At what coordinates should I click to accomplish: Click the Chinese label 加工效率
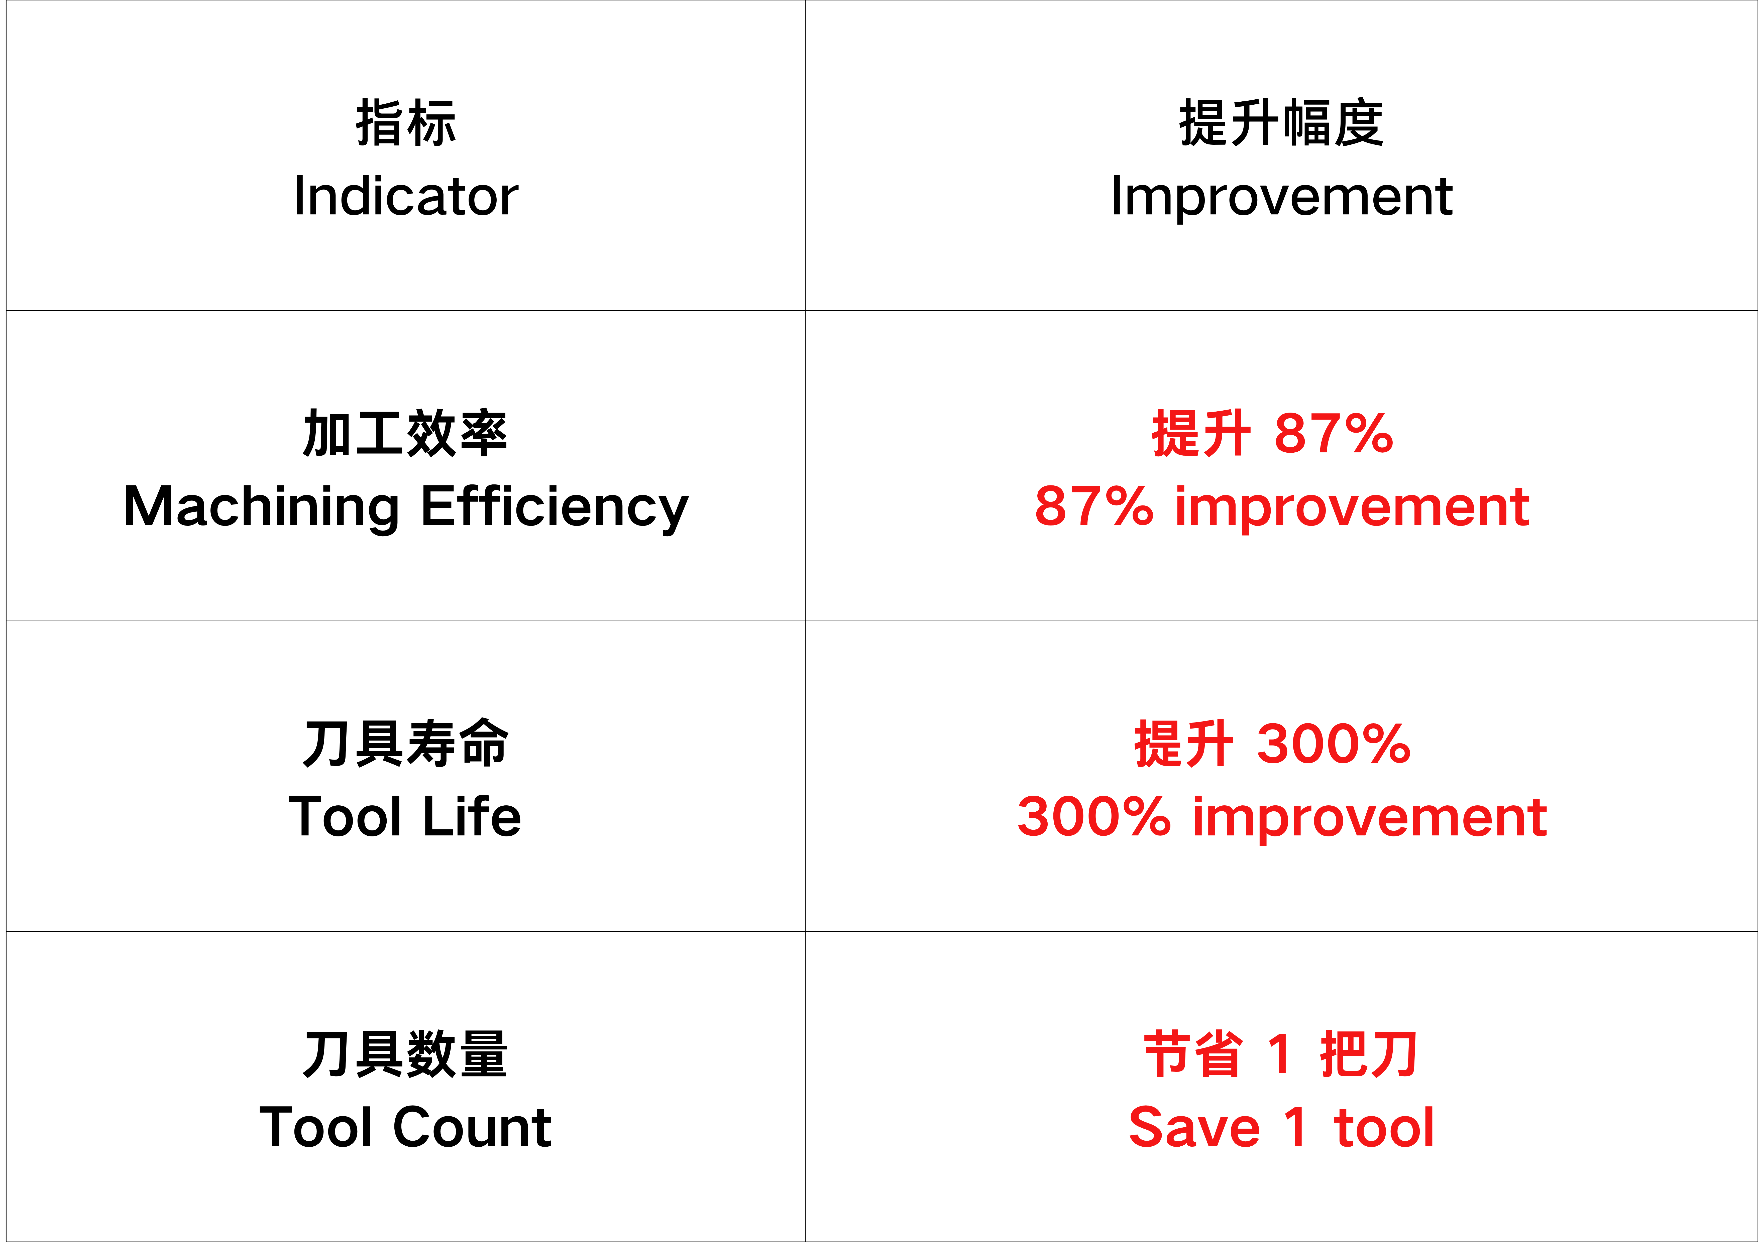pos(406,433)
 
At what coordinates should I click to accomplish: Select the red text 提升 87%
pos(1273,433)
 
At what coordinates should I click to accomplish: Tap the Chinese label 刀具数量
pos(406,1054)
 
